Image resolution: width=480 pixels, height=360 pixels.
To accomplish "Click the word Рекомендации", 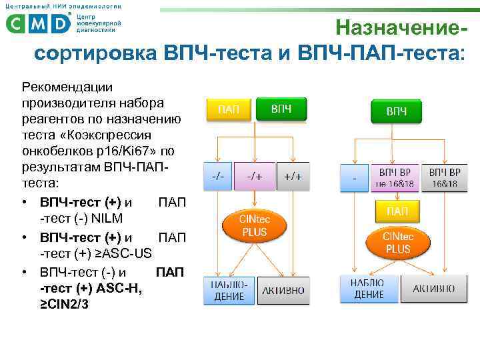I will pos(67,87).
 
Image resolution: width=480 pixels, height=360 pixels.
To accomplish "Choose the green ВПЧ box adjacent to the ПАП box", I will pos(281,109).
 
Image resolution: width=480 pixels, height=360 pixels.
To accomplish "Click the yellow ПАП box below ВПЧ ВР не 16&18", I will pos(397,212).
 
